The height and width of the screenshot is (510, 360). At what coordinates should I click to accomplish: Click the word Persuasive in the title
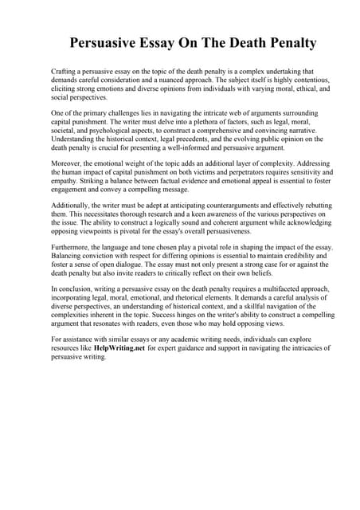(108, 42)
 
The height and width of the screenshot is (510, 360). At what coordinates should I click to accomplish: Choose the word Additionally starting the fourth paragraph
(72, 206)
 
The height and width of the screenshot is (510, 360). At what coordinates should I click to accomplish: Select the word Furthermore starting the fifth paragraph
(72, 248)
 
